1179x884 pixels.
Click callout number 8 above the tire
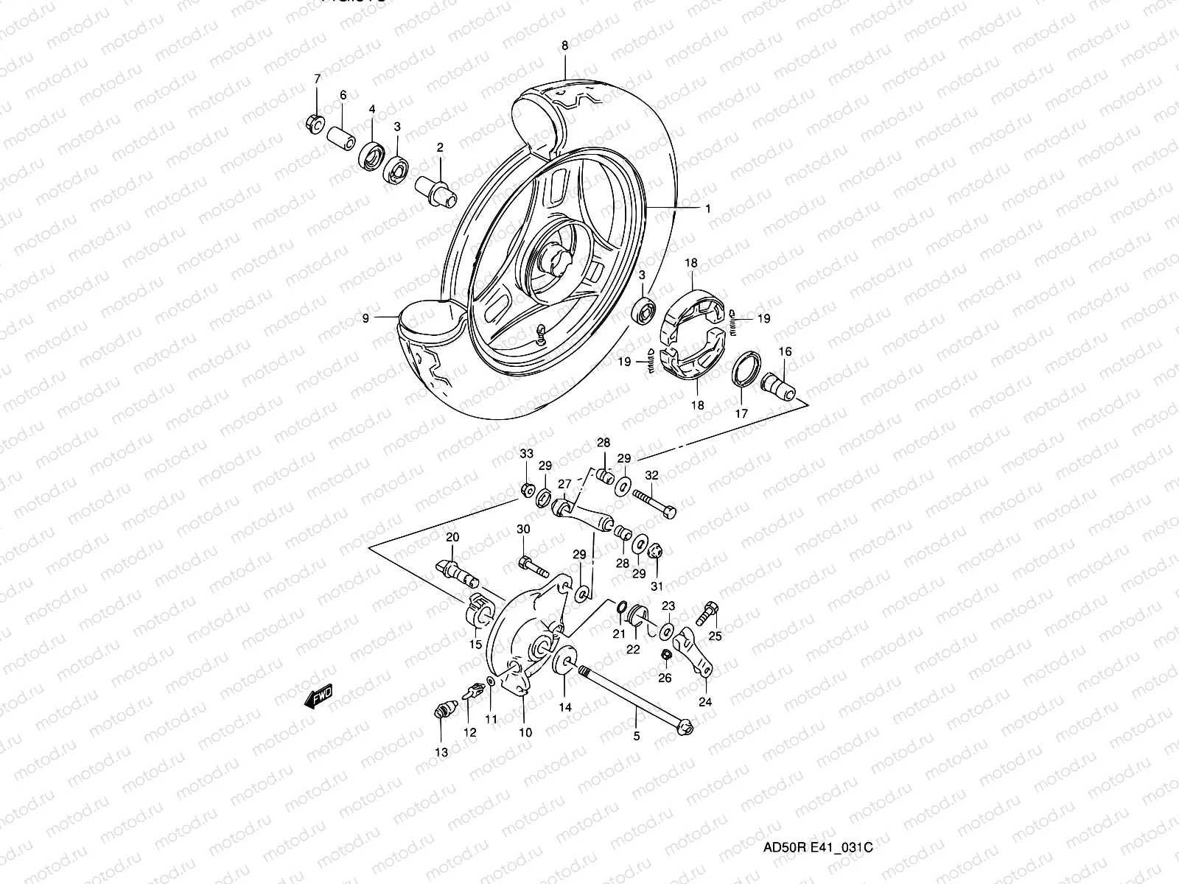coord(565,46)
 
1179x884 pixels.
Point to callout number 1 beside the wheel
coord(708,209)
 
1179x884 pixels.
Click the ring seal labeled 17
coord(746,368)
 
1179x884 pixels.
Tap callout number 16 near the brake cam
coord(786,352)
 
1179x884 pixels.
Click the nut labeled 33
coord(526,490)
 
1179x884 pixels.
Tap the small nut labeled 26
coord(664,655)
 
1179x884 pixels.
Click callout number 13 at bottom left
coord(441,752)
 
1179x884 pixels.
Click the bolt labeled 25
coord(711,611)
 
